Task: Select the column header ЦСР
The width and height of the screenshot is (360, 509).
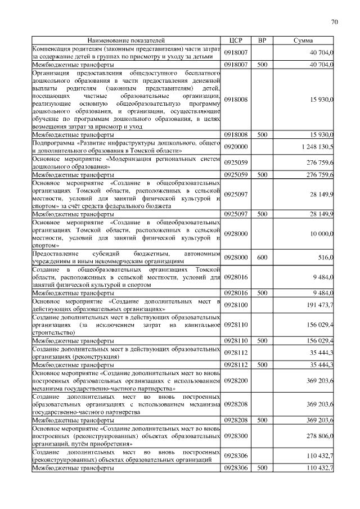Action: pyautogui.click(x=235, y=41)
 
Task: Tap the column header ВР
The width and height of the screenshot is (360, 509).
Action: pyautogui.click(x=261, y=41)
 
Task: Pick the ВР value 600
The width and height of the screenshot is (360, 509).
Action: pyautogui.click(x=262, y=257)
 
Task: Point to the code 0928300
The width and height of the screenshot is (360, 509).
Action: pyautogui.click(x=236, y=436)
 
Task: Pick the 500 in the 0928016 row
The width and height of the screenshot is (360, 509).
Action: pyautogui.click(x=262, y=293)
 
